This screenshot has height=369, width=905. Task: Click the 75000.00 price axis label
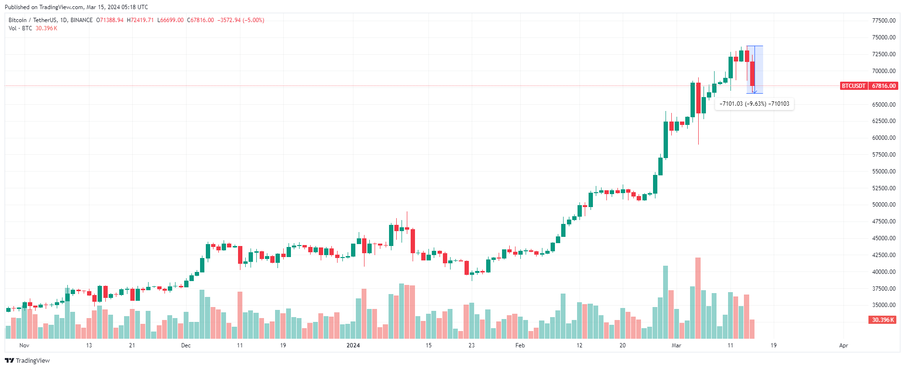click(x=884, y=37)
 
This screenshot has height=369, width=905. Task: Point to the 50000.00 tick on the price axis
click(x=884, y=205)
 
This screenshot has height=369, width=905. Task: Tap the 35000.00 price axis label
click(x=884, y=305)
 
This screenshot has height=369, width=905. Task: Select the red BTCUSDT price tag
click(x=854, y=86)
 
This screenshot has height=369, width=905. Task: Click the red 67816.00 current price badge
click(x=884, y=86)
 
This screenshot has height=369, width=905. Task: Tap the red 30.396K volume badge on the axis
click(x=882, y=320)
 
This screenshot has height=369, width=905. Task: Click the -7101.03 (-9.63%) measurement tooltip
click(x=754, y=104)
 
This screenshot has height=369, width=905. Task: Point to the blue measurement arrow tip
click(x=754, y=92)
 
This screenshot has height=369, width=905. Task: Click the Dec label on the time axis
click(x=186, y=345)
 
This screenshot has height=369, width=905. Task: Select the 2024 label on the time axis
click(x=353, y=345)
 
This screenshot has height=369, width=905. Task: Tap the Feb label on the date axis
click(x=520, y=345)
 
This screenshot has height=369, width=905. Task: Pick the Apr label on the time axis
click(x=843, y=345)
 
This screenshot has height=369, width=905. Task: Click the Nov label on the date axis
click(x=24, y=345)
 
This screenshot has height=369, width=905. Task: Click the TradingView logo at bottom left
click(x=27, y=361)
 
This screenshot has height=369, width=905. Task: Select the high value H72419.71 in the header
click(x=140, y=20)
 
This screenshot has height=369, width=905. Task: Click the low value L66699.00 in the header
click(x=171, y=20)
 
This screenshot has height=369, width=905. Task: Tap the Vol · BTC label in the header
click(x=20, y=28)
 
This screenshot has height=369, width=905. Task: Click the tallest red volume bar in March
click(x=698, y=298)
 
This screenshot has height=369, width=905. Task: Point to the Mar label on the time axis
click(x=677, y=345)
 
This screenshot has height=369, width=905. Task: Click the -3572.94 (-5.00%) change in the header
click(x=241, y=20)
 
